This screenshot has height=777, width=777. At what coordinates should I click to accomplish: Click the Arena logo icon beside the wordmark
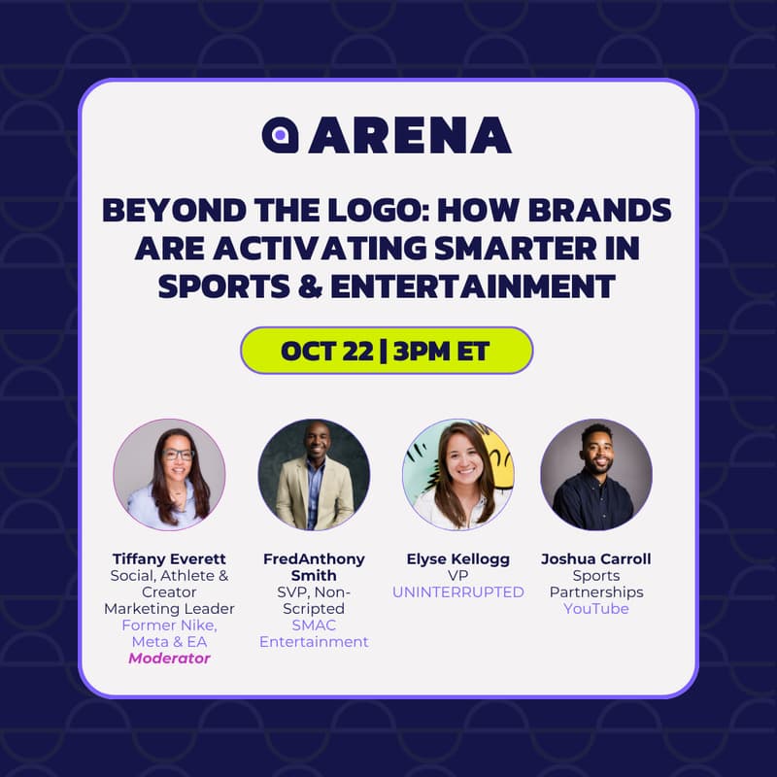click(280, 135)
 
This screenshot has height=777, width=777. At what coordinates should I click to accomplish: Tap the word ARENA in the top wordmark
click(410, 135)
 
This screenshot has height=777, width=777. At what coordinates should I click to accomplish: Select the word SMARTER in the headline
click(515, 248)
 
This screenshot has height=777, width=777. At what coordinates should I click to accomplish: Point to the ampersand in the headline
click(310, 287)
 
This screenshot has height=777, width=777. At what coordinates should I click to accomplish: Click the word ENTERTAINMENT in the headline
click(473, 287)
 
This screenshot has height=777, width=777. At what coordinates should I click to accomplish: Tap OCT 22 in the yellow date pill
click(326, 351)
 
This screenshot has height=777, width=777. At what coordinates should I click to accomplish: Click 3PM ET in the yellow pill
click(441, 351)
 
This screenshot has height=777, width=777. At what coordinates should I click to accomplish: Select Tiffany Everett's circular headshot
click(169, 475)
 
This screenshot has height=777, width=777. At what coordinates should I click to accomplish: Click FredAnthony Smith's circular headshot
click(314, 475)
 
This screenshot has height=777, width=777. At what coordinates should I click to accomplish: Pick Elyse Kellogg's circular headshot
click(457, 475)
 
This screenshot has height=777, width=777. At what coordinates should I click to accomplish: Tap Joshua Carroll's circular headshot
click(596, 475)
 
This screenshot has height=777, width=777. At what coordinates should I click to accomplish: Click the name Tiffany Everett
click(169, 559)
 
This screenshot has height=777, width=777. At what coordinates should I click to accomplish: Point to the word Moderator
click(169, 659)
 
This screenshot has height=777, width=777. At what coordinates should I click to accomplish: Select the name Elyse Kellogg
click(457, 559)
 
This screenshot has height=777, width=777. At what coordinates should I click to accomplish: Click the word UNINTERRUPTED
click(457, 592)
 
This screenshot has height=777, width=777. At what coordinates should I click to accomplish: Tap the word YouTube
click(596, 609)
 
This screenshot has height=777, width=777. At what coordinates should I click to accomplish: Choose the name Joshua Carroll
click(596, 559)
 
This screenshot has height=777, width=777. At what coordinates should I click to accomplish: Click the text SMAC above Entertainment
click(314, 625)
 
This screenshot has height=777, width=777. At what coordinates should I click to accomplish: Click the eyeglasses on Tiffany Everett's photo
click(178, 455)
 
